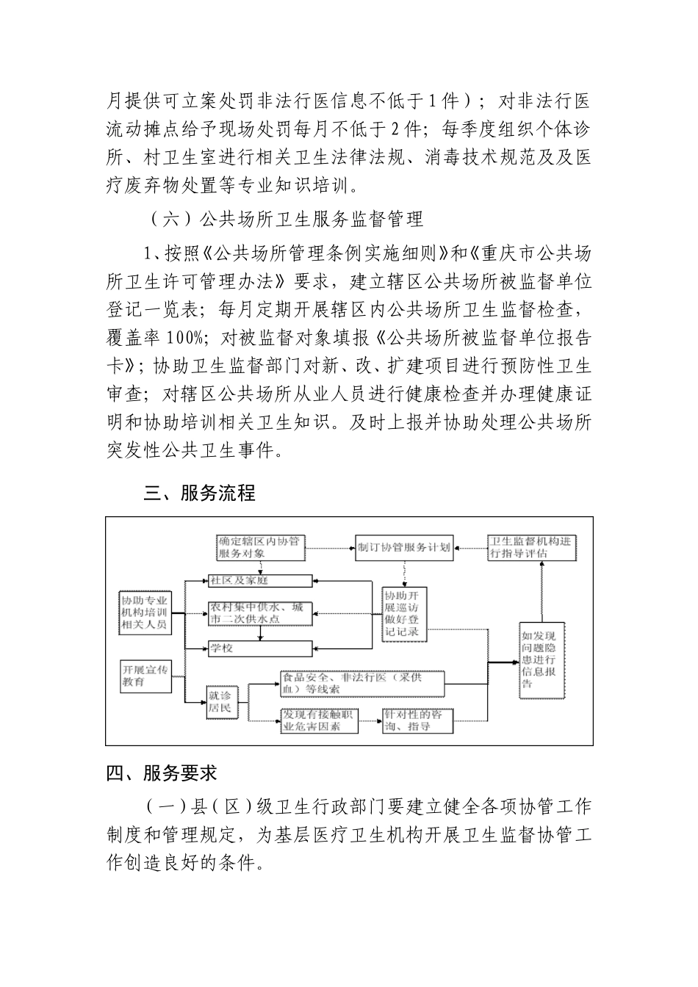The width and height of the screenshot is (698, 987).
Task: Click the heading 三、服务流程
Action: click(x=199, y=493)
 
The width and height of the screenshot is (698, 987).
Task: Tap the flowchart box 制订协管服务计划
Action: click(x=403, y=547)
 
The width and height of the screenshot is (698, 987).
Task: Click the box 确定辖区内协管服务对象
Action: click(x=258, y=547)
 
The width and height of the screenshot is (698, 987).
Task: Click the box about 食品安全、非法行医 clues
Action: click(x=361, y=684)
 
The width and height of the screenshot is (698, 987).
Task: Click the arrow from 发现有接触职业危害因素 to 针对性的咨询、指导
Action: click(x=370, y=720)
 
